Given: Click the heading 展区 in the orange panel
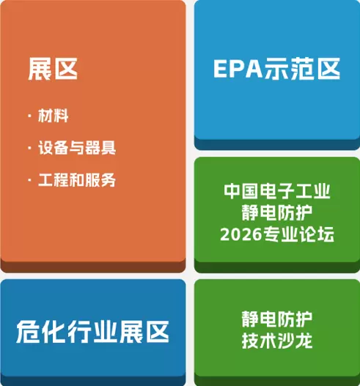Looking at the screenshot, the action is click(x=53, y=69).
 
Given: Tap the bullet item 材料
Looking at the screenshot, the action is click(x=54, y=116).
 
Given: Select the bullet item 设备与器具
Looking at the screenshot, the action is click(x=77, y=148).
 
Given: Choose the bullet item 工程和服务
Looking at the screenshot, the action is click(x=77, y=179).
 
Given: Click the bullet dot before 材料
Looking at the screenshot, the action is click(x=30, y=116).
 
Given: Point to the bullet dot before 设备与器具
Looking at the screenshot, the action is click(x=30, y=148).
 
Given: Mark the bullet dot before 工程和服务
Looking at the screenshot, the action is click(x=30, y=180).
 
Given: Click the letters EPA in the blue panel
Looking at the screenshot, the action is click(x=238, y=69).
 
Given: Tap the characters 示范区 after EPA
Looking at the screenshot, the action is click(x=302, y=69).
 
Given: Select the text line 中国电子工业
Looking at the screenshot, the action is click(x=277, y=191).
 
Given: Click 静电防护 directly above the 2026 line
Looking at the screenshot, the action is click(x=277, y=212).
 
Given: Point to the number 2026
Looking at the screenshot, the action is click(x=240, y=234).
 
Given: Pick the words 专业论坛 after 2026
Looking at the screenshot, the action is click(x=298, y=234).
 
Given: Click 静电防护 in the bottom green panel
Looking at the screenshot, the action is click(x=277, y=319).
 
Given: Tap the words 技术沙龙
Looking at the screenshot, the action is click(x=277, y=341).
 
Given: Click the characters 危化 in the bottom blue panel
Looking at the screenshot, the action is click(x=41, y=332).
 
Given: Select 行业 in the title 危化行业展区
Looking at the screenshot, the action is click(x=92, y=332).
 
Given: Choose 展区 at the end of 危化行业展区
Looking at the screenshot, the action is click(x=144, y=332).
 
